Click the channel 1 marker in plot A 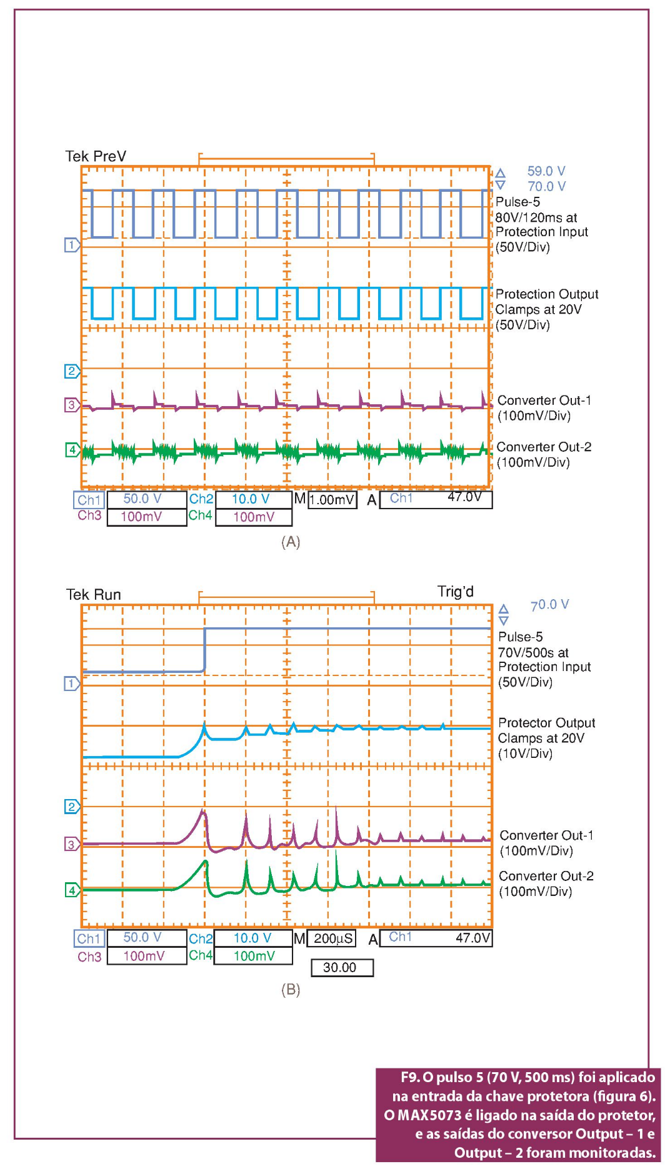tap(72, 245)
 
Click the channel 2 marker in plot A tap(72, 371)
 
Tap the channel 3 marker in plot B tap(72, 844)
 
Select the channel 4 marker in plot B tap(72, 890)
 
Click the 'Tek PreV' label tap(96, 156)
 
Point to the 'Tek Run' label tap(94, 594)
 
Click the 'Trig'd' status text tap(455, 592)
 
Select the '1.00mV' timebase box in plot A tap(332, 500)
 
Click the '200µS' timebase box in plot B tap(333, 938)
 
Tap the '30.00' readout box tap(341, 967)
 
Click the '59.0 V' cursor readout tap(546, 171)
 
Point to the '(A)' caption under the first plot tap(291, 542)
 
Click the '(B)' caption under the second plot tap(291, 989)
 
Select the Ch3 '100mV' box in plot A tap(146, 517)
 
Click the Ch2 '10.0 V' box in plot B tap(252, 938)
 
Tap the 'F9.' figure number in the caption tap(410, 1077)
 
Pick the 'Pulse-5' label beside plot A tap(517, 202)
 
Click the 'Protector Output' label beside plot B tap(546, 723)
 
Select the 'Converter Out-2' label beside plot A tap(544, 447)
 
